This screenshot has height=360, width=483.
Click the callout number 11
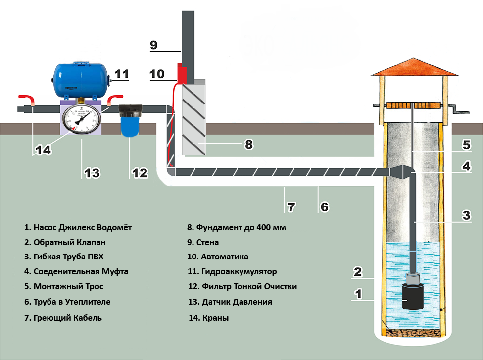click(x=121, y=74)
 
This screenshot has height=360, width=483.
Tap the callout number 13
click(x=92, y=173)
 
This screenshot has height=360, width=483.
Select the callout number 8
click(x=249, y=145)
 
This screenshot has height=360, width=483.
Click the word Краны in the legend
click(x=215, y=318)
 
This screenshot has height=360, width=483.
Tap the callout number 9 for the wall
click(x=153, y=45)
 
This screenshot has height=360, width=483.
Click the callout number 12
click(x=140, y=173)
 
